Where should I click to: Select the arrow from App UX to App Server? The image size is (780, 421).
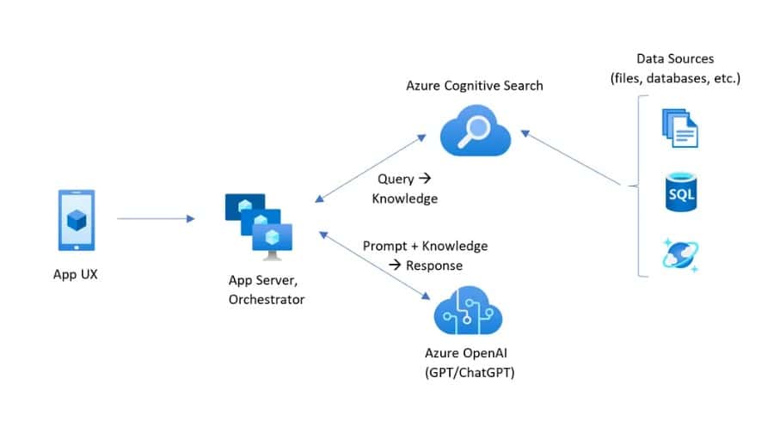156,219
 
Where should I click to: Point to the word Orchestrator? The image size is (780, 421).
267,299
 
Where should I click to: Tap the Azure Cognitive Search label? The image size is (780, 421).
475,86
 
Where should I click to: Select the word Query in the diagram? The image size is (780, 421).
396,180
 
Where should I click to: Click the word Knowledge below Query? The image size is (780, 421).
404,198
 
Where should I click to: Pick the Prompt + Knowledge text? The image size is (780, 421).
425,246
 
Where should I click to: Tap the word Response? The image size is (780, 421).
433,265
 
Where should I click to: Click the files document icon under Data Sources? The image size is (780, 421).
679,126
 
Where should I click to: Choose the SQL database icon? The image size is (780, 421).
679,192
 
